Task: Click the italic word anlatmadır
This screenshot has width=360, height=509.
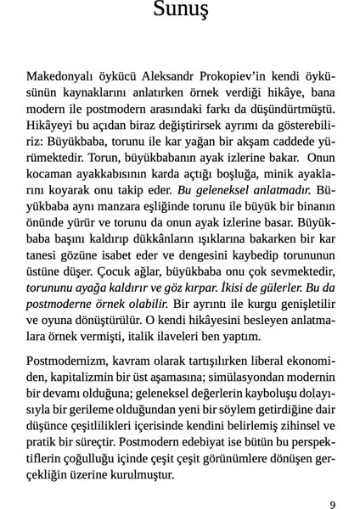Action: pos(280,190)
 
